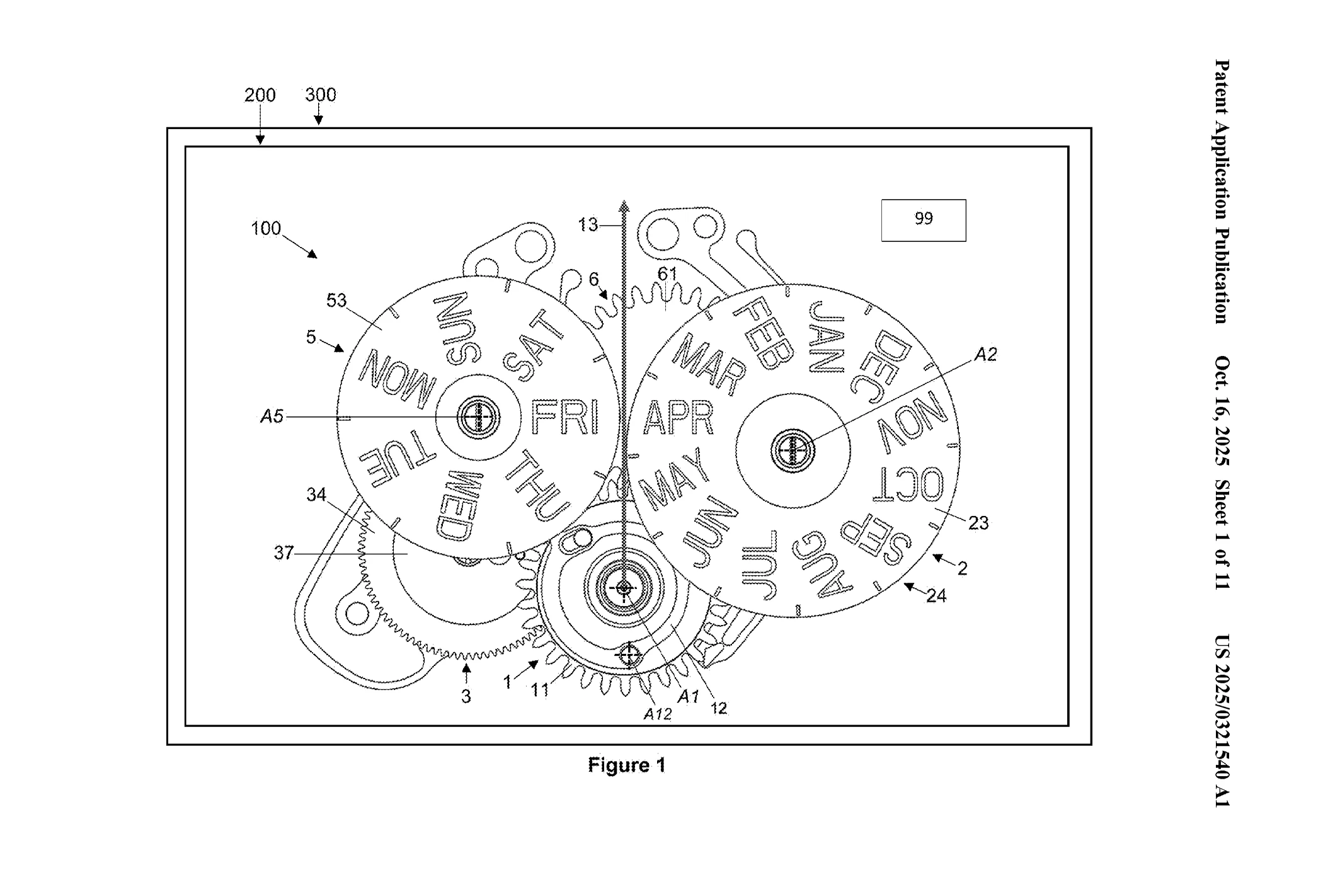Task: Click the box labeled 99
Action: tap(923, 220)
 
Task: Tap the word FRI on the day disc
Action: tap(564, 417)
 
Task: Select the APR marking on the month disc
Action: tap(679, 417)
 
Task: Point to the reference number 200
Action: tap(260, 95)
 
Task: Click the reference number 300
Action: tap(321, 94)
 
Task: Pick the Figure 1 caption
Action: tap(626, 765)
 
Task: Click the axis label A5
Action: tap(272, 416)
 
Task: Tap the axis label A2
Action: tap(985, 355)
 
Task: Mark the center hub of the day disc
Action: tap(479, 417)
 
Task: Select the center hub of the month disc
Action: tap(793, 450)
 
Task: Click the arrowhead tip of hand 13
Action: tap(624, 203)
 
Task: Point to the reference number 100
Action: tap(266, 228)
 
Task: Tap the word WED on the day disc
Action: tap(459, 506)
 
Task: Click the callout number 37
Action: tap(283, 553)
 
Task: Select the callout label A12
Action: tap(657, 714)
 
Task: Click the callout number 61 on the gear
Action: tap(667, 274)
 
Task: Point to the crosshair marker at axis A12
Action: tap(629, 656)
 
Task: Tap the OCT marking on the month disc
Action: tap(908, 486)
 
